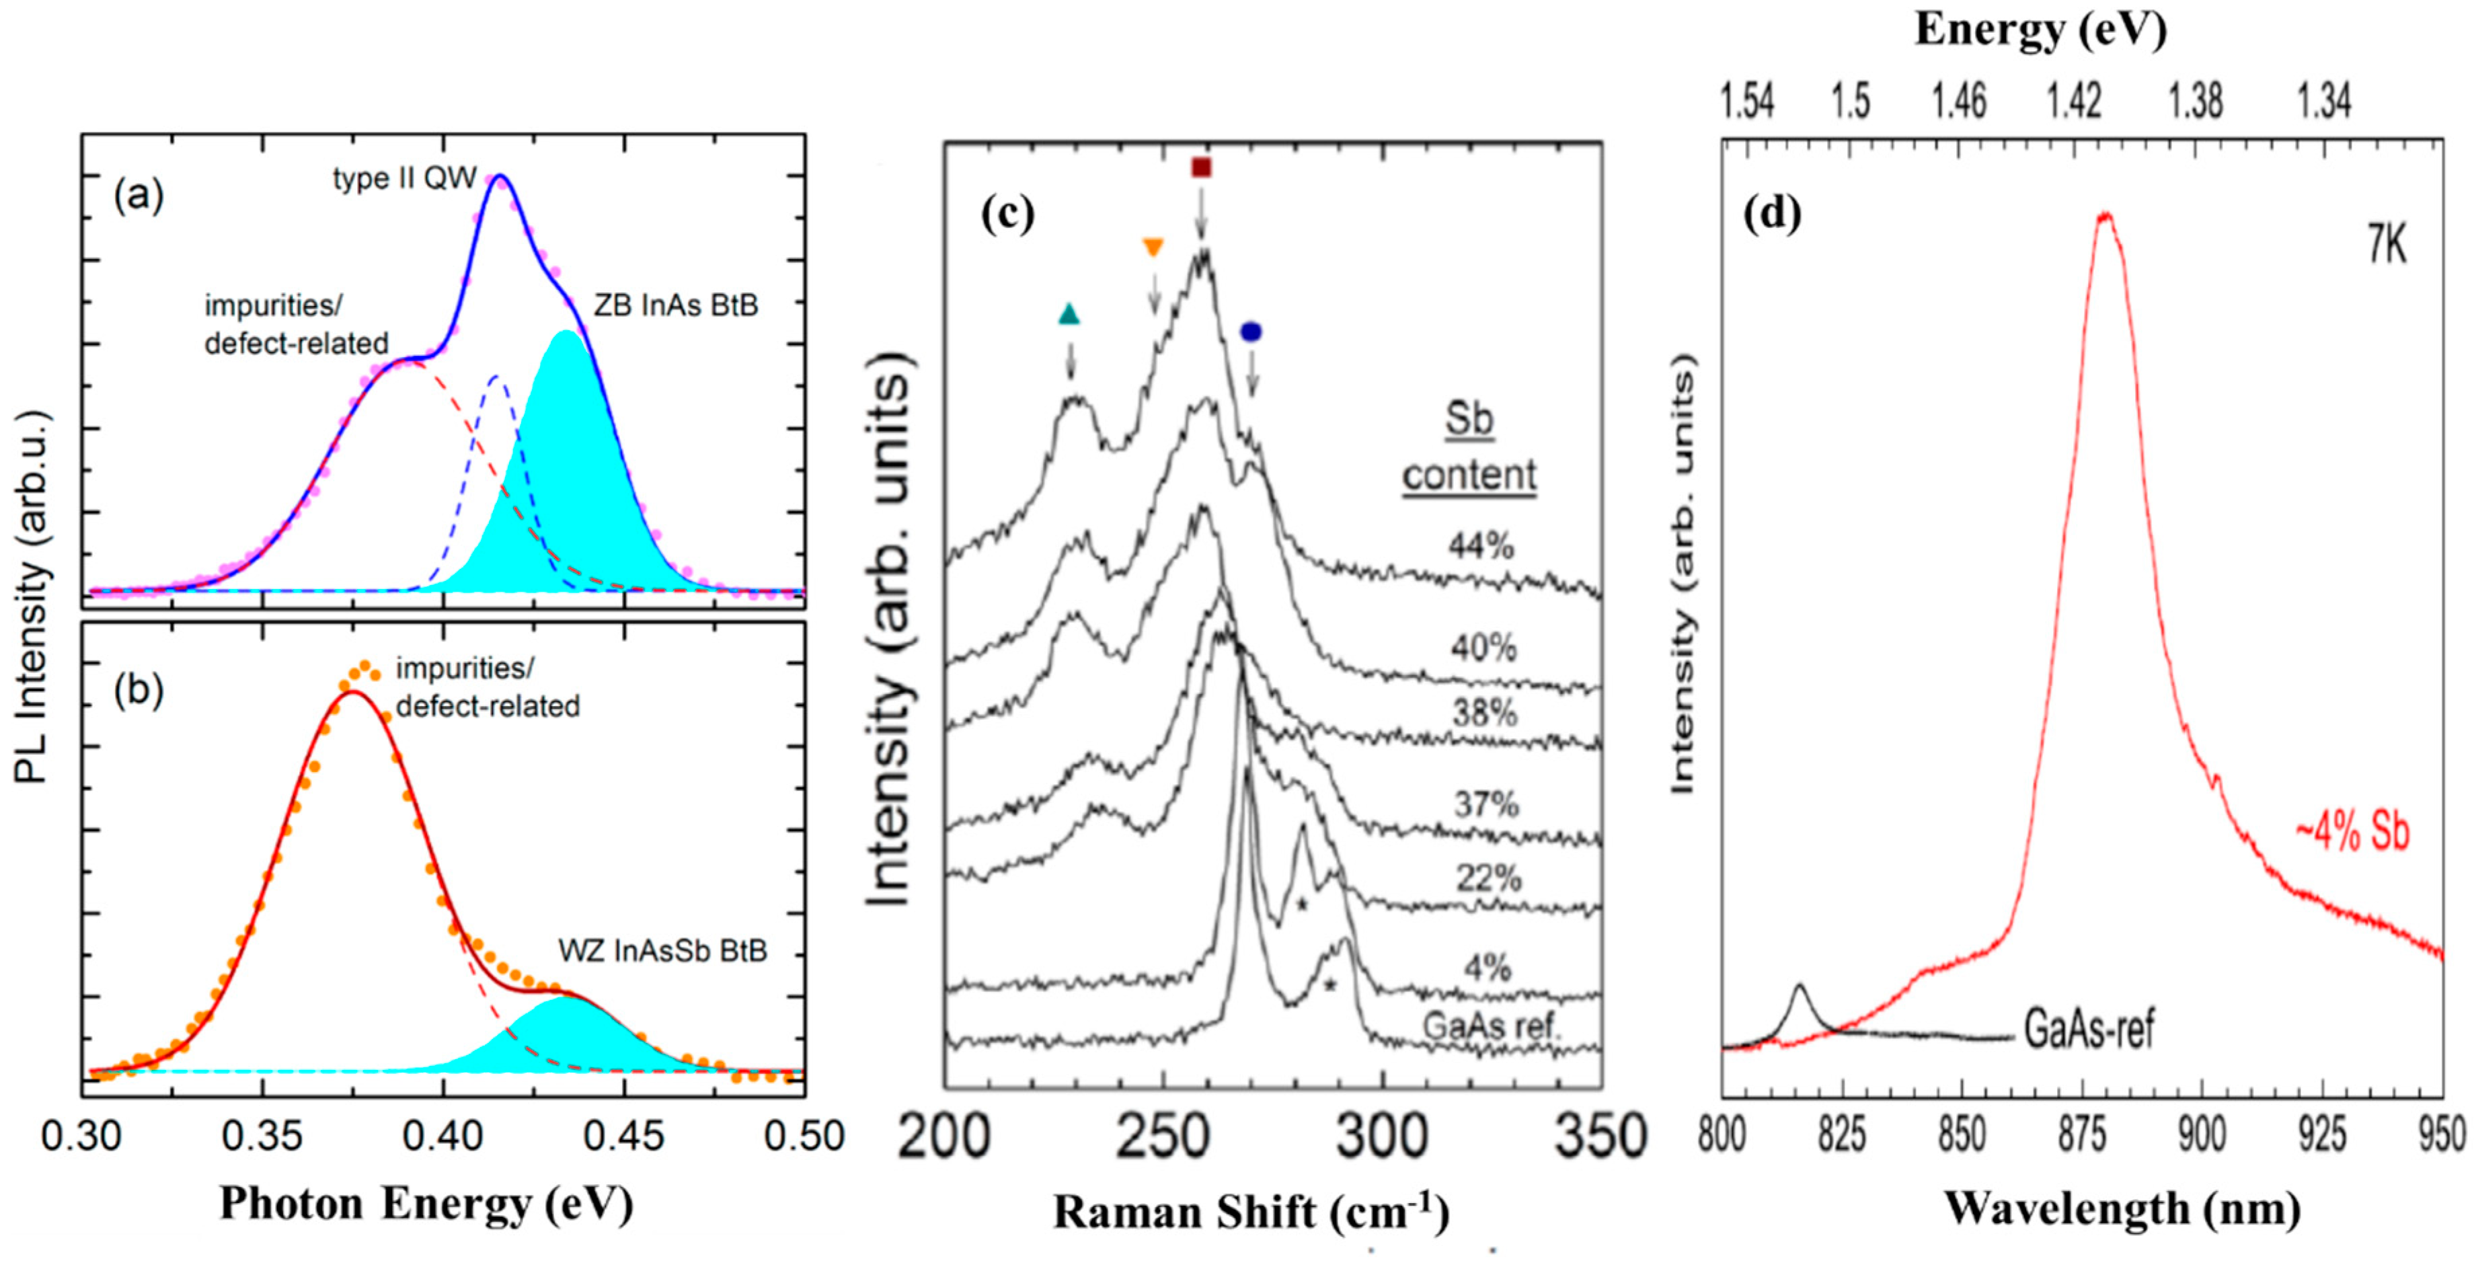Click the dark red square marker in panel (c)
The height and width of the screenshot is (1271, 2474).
pyautogui.click(x=1200, y=168)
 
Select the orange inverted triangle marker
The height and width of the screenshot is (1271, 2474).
pyautogui.click(x=1153, y=248)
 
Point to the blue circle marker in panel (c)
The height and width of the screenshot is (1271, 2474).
pyautogui.click(x=1250, y=332)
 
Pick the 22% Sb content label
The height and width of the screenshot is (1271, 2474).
pyautogui.click(x=1487, y=878)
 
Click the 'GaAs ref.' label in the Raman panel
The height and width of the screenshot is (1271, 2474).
pyautogui.click(x=1492, y=1026)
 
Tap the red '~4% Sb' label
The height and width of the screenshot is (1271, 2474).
pyautogui.click(x=2352, y=832)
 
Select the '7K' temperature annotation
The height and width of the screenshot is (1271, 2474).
pyautogui.click(x=2386, y=247)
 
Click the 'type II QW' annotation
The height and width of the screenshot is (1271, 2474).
pyautogui.click(x=404, y=179)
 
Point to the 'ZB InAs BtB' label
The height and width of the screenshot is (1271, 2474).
pyautogui.click(x=675, y=305)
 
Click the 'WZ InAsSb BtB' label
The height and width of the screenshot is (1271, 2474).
pyautogui.click(x=662, y=951)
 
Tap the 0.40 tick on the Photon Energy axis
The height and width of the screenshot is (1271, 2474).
pyautogui.click(x=442, y=1137)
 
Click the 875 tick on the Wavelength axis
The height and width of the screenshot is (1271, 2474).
pyautogui.click(x=2081, y=1136)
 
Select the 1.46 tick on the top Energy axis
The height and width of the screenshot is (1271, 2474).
pyautogui.click(x=1958, y=102)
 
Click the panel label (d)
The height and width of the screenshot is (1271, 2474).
pyautogui.click(x=1772, y=215)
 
